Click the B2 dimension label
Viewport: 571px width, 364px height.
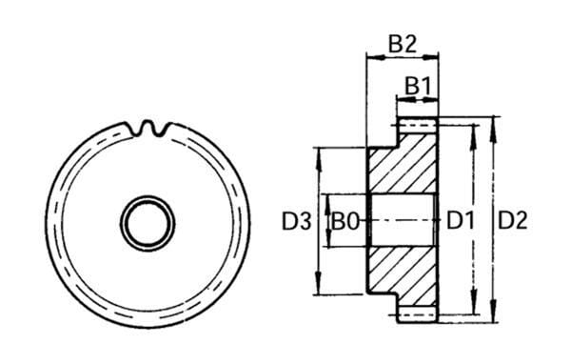pos(403,45)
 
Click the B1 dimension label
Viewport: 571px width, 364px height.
pos(418,87)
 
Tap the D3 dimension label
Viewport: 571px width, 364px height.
pos(297,221)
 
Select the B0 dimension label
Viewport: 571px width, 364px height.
pos(345,221)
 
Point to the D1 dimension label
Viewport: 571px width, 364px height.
pos(461,221)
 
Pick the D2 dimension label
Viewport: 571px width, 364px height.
pos(512,221)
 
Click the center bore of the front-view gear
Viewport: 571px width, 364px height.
pos(148,223)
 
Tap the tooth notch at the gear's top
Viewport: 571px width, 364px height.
pos(148,129)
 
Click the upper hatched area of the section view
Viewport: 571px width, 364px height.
pos(403,162)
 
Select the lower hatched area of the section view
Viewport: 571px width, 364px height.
pos(403,277)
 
